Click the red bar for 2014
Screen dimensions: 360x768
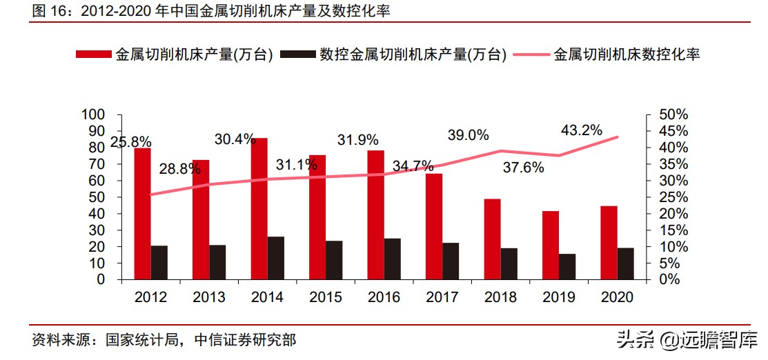click(259, 208)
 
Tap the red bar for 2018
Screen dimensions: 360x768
click(491, 239)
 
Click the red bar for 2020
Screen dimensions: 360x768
click(609, 242)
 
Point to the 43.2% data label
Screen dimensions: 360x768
click(582, 130)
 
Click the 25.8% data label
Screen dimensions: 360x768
click(131, 142)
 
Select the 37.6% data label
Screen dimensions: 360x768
click(523, 167)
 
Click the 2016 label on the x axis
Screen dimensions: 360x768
click(384, 297)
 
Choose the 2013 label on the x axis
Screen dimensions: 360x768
click(209, 297)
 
